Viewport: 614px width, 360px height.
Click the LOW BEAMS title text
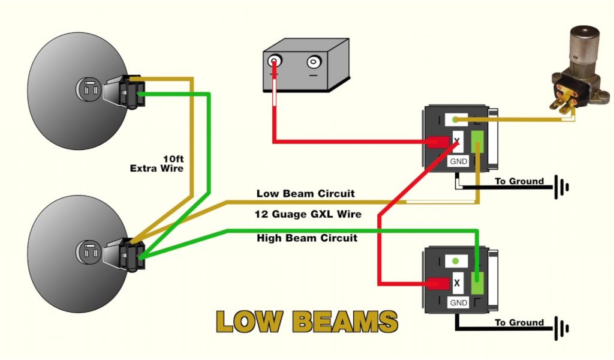pos(306,322)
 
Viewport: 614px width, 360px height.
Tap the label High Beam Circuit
pos(306,238)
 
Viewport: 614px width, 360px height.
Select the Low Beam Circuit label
pos(305,194)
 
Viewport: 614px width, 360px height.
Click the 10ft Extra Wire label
pos(157,164)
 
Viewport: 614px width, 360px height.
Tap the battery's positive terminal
pos(275,61)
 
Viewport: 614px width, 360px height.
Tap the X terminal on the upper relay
pos(458,140)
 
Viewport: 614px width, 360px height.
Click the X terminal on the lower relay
pos(458,282)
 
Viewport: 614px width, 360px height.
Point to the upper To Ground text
pos(519,181)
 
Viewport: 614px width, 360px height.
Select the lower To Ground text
pos(519,323)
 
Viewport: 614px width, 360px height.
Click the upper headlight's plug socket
pos(88,91)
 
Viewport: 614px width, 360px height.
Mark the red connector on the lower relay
pos(437,283)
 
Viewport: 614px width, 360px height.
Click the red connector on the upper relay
pos(437,142)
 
